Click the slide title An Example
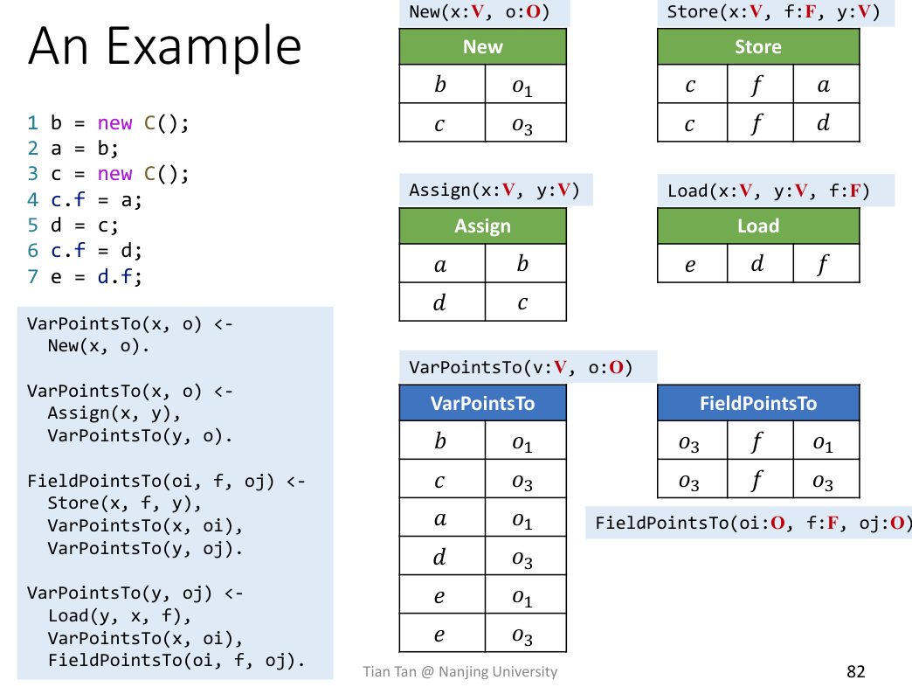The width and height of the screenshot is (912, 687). [165, 46]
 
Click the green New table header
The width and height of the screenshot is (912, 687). [482, 47]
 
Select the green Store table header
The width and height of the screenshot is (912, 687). [757, 47]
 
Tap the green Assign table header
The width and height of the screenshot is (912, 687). [482, 226]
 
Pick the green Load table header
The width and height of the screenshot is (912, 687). [757, 226]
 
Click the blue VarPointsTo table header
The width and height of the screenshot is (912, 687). [482, 404]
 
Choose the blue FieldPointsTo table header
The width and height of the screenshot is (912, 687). [757, 404]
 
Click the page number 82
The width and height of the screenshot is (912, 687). [855, 671]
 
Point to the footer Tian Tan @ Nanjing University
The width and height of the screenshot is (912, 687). [460, 671]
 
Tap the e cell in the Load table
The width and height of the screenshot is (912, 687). [691, 263]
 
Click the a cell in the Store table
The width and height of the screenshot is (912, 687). [825, 85]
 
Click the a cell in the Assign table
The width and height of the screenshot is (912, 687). [441, 263]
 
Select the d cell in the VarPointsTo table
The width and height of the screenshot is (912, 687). [441, 557]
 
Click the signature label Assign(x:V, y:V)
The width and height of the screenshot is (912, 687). [495, 191]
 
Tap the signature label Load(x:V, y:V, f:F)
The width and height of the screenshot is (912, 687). [769, 191]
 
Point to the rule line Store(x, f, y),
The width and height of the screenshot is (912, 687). [125, 503]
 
